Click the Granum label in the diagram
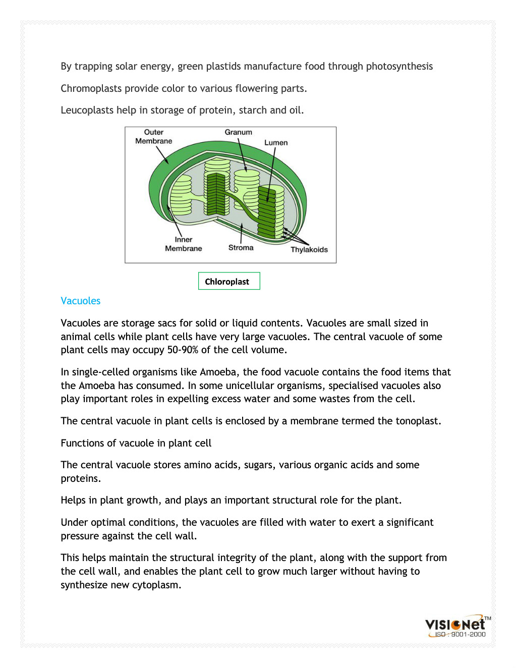click(238, 132)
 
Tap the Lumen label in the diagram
click(276, 143)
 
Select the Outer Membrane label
click(153, 137)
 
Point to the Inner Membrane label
click(183, 244)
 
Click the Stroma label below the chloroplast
click(241, 248)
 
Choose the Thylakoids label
click(309, 250)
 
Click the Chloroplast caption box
click(229, 282)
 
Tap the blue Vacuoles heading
click(81, 301)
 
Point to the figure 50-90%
click(183, 350)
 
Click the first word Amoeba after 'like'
click(218, 372)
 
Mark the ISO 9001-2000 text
click(460, 635)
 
